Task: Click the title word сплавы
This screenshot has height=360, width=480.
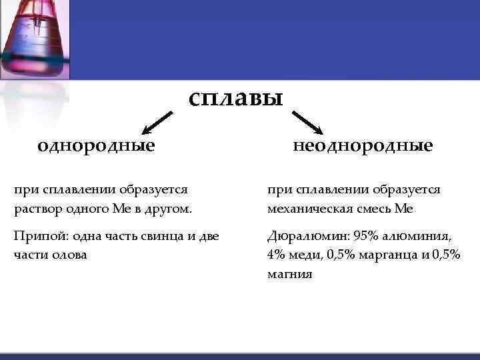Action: tap(236, 99)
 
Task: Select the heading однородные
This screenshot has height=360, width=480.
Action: tap(96, 145)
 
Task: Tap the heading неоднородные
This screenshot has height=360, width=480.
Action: tap(363, 145)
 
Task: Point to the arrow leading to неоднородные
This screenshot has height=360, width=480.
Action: tap(307, 123)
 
